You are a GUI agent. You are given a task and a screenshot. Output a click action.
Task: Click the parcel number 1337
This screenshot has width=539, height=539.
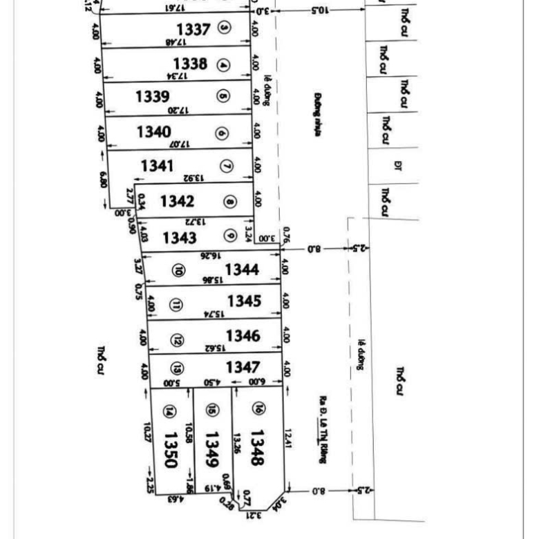[x=193, y=30]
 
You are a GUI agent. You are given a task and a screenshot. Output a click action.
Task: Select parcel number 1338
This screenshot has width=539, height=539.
[x=190, y=64]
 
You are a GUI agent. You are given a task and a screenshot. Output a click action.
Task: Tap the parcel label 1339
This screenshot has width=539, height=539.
[x=152, y=95]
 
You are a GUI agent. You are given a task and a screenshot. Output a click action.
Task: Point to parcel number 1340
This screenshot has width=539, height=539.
[x=154, y=131]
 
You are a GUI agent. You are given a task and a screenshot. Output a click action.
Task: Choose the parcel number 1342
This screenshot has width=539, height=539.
[x=178, y=201]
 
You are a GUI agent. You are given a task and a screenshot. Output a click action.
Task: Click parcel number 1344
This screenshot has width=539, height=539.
[x=243, y=269]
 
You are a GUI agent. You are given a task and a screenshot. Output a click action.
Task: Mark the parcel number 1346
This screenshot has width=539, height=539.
[x=243, y=336]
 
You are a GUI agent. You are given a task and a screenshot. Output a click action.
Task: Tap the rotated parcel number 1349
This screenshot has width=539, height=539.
[x=212, y=448]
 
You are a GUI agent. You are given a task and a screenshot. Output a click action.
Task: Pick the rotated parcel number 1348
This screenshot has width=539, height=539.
[x=256, y=447]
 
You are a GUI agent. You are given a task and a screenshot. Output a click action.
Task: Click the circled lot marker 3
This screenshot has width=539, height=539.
[x=224, y=28]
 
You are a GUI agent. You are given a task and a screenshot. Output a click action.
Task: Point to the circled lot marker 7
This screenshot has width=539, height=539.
[x=227, y=167]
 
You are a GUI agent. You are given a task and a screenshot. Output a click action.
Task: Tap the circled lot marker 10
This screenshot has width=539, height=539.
[x=178, y=272]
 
